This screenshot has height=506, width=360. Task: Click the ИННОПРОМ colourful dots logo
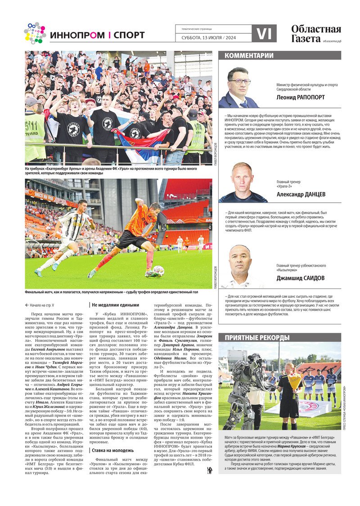click(x=35, y=33)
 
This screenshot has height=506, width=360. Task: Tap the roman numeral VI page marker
click(x=264, y=34)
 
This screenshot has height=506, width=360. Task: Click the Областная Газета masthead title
click(x=315, y=34)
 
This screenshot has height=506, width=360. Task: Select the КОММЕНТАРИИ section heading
click(x=249, y=56)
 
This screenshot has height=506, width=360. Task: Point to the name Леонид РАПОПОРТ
click(x=301, y=97)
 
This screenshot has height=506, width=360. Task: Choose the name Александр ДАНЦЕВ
click(x=301, y=195)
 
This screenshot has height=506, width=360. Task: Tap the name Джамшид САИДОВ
click(x=300, y=278)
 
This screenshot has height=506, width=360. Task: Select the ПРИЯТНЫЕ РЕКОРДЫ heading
click(x=254, y=337)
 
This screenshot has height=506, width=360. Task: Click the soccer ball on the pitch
click(x=158, y=271)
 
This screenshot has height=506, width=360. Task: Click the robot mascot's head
click(x=251, y=362)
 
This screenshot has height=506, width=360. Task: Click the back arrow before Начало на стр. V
click(x=27, y=304)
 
